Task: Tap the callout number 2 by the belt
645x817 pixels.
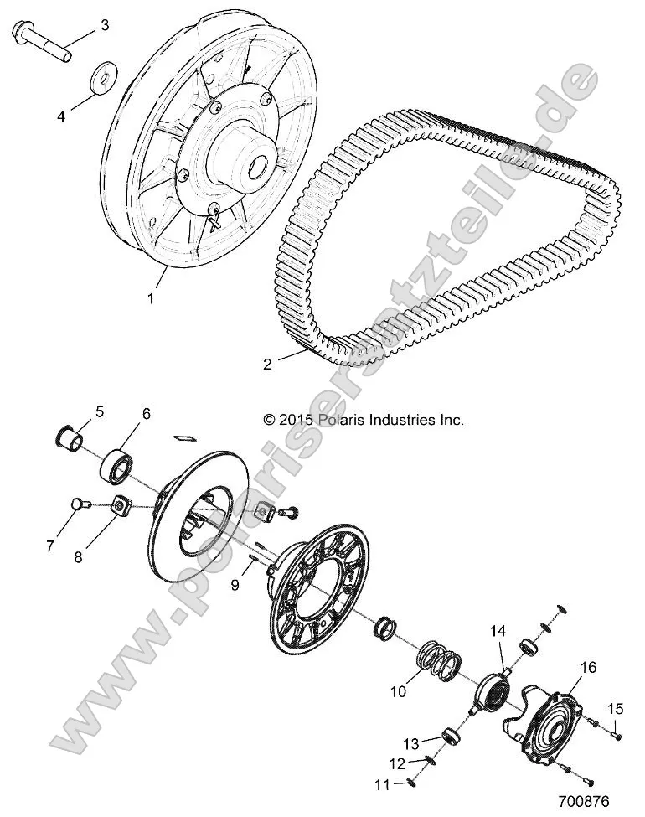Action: tap(244, 364)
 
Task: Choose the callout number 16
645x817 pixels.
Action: tap(589, 668)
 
